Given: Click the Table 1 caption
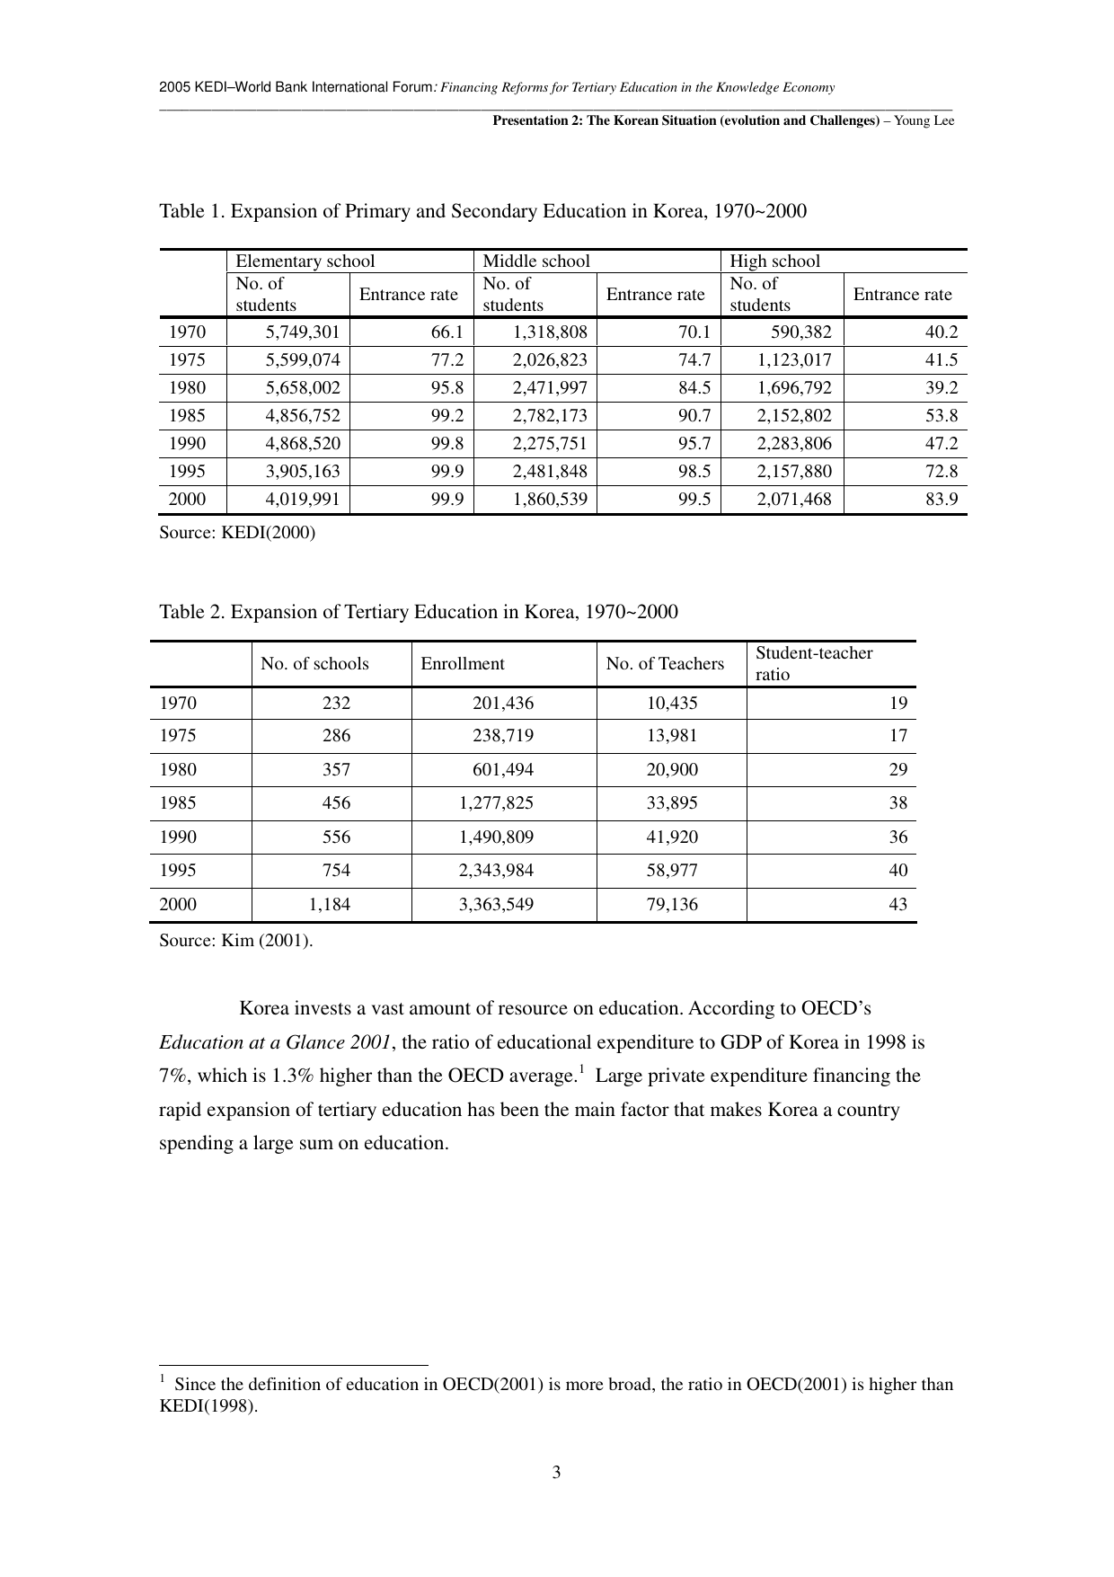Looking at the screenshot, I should [x=482, y=211].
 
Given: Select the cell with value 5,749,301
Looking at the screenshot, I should [x=303, y=332].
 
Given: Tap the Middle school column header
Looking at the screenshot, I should [x=536, y=261].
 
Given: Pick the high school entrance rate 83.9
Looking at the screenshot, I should [x=942, y=500].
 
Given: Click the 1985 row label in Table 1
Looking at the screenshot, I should [x=187, y=416].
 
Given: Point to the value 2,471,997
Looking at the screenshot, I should [x=549, y=388].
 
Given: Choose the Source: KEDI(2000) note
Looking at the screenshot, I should [x=237, y=533].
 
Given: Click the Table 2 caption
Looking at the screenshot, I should [x=418, y=612].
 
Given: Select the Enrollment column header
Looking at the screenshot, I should [x=463, y=664].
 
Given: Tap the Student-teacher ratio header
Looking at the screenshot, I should [x=814, y=663].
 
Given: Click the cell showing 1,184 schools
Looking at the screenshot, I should [x=330, y=905].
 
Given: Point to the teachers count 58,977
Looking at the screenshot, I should [x=672, y=871].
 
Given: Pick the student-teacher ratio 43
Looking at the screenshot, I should [x=897, y=905].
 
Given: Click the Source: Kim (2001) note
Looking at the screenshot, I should [x=236, y=941].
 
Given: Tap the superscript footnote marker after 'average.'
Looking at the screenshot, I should [x=581, y=1069].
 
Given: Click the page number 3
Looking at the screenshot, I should [x=556, y=1473].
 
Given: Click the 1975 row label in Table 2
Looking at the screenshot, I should [x=178, y=736].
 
